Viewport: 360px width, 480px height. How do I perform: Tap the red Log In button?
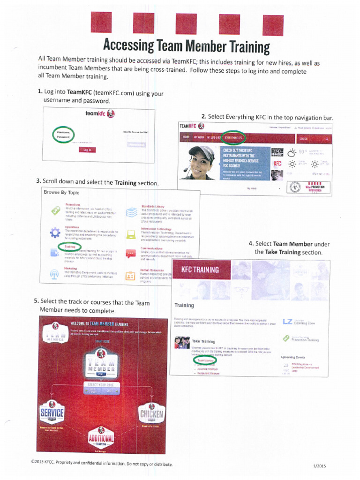click(87, 150)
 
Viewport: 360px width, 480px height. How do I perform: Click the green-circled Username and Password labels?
click(64, 135)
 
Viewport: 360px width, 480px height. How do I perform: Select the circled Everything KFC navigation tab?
click(233, 138)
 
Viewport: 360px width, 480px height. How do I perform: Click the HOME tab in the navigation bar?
click(186, 138)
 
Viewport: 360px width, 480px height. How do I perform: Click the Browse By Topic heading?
click(61, 192)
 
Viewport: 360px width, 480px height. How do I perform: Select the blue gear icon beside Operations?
click(55, 232)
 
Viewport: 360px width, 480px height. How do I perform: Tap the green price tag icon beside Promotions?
click(55, 210)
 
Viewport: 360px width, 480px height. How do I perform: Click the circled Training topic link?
click(69, 246)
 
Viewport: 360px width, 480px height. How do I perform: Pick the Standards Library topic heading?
click(152, 206)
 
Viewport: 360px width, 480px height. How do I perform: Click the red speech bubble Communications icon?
click(130, 254)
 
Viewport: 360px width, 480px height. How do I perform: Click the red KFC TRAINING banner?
click(200, 270)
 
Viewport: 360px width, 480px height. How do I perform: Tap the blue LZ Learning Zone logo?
click(287, 322)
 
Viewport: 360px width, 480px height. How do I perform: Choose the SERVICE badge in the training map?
click(52, 413)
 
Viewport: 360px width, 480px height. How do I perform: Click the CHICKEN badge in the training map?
click(151, 413)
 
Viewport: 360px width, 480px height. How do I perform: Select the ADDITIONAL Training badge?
click(101, 438)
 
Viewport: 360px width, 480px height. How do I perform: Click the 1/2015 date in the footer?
click(319, 465)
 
